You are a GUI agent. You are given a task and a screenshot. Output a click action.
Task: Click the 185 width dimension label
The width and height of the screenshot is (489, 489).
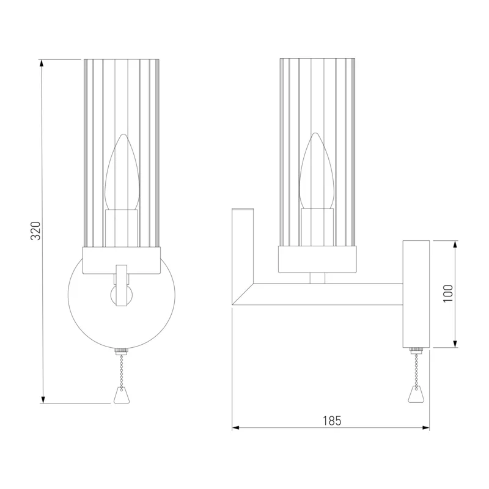332,421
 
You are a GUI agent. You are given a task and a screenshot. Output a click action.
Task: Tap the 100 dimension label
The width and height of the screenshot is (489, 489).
448,293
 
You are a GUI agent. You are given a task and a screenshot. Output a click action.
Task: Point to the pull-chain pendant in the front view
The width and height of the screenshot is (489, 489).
121,395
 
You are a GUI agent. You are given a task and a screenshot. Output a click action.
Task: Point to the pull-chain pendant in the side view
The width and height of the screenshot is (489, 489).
416,394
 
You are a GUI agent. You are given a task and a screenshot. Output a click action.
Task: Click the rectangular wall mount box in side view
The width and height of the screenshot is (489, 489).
416,294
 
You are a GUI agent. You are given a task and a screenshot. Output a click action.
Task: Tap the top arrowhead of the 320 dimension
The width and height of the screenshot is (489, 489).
42,63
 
